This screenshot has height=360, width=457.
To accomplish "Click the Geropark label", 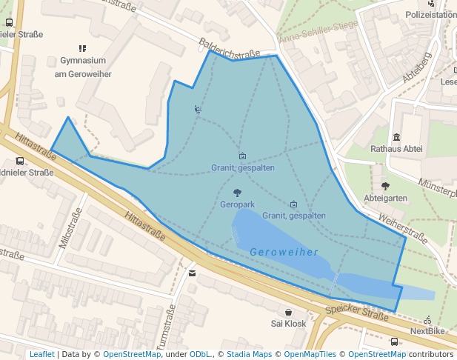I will pos(237,204).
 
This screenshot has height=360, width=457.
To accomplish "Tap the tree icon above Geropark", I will pos(237,193).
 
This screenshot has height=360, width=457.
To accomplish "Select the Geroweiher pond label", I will pos(284,252).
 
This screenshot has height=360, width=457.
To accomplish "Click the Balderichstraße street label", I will pos(229,47).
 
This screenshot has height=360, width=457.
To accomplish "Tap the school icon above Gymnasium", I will pos(82,48).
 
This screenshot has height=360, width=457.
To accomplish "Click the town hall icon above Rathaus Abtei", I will pos(397,137).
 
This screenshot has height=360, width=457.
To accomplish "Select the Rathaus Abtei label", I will pos(396,149).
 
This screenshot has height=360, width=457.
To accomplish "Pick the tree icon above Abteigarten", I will pos(385,186).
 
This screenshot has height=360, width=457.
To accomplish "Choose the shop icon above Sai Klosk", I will pos(288,313).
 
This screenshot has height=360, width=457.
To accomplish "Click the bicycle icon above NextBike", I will pos(428,320).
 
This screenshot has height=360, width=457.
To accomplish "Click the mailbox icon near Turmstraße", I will pos(193,273).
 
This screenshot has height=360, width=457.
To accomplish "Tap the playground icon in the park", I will pos(198,110).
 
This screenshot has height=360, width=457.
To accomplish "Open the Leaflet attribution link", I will pos(41,354).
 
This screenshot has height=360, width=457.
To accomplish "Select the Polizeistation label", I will pos(430,15).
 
